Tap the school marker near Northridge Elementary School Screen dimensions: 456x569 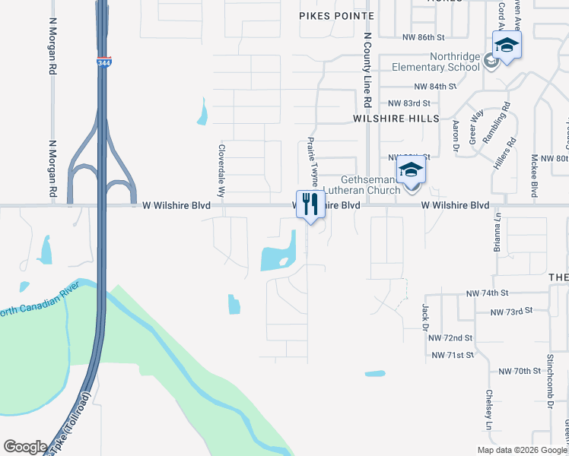pyautogui.click(x=507, y=46)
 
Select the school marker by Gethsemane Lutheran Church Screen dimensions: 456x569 pyautogui.click(x=411, y=171)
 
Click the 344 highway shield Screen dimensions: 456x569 pyautogui.click(x=103, y=65)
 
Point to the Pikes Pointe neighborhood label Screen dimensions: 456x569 pyautogui.click(x=337, y=16)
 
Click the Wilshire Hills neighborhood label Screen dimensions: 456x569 pyautogui.click(x=396, y=119)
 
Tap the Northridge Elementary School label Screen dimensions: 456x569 pyautogui.click(x=433, y=62)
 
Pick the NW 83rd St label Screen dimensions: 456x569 pyautogui.click(x=409, y=103)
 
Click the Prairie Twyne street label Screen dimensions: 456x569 pyautogui.click(x=312, y=162)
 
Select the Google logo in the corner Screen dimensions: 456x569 pyautogui.click(x=25, y=447)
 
